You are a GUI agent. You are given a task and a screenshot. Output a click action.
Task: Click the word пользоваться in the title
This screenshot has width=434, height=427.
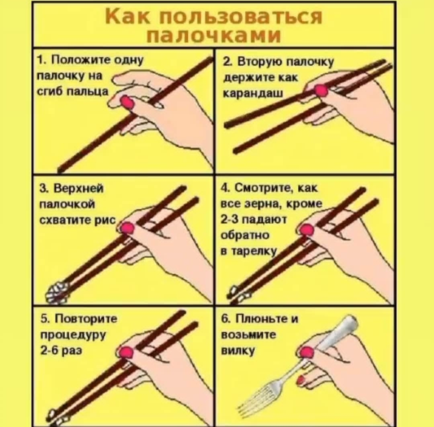(x=240, y=17)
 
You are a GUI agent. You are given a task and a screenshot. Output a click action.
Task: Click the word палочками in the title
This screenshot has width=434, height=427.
(x=214, y=35)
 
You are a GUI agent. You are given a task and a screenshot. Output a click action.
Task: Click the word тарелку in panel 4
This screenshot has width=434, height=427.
(x=254, y=251)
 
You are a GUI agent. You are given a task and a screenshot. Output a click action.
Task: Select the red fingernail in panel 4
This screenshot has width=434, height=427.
(x=306, y=230)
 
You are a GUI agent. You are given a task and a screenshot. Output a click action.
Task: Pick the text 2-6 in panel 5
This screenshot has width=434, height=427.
(x=47, y=351)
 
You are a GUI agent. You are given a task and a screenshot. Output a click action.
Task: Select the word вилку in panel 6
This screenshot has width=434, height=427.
(x=238, y=351)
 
